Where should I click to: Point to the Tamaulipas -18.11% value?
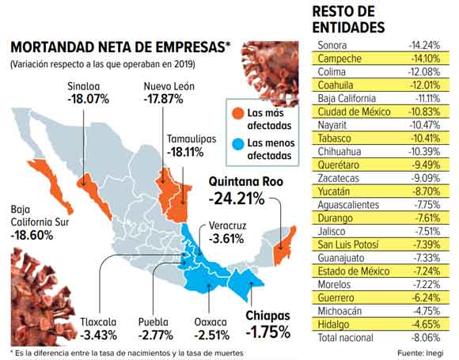(191, 153)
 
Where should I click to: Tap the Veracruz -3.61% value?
(228, 238)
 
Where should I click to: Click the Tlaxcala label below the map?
(100, 322)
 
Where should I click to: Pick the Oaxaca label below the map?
(211, 322)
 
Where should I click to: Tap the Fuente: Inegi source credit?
(423, 351)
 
